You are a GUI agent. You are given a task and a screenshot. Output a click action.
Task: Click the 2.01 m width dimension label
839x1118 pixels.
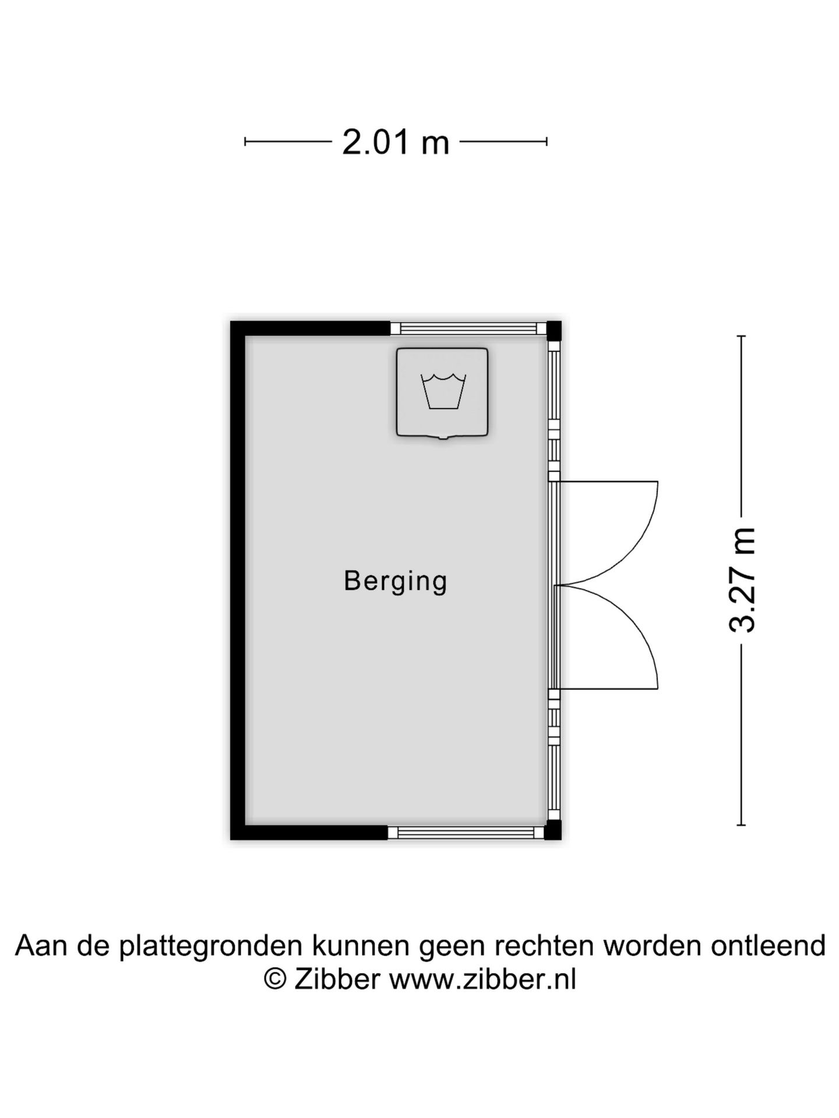coord(396,142)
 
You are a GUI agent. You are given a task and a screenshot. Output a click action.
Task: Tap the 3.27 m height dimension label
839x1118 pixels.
coord(743,580)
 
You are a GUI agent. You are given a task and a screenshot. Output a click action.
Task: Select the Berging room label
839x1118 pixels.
coord(396,581)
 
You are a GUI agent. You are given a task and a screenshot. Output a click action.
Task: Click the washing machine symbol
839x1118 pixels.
coord(442,392)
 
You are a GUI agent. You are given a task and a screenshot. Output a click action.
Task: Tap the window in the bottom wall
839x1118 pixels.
coord(466,832)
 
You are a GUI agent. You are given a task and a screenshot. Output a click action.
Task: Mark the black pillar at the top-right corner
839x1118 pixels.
coord(554,330)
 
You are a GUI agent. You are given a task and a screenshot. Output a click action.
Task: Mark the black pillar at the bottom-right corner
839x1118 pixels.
coord(553,830)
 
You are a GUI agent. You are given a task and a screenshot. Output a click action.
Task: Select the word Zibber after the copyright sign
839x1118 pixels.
coord(337,979)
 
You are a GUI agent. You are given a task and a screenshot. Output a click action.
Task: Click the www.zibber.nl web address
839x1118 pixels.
coord(482,979)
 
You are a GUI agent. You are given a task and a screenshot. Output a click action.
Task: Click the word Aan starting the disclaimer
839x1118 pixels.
coord(41,946)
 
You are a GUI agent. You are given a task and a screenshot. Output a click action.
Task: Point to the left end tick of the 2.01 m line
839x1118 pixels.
coord(245,141)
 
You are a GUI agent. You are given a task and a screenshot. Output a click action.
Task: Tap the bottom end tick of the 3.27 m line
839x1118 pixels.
coord(741,825)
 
